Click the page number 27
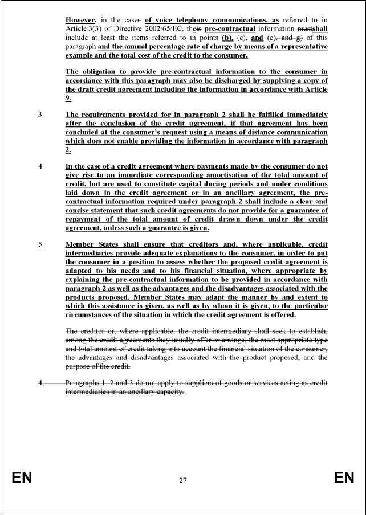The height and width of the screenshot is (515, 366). (x=182, y=480)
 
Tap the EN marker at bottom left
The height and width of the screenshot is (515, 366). (x=22, y=478)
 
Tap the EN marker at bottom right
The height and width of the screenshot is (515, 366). (x=344, y=478)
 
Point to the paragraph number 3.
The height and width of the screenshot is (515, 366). (x=41, y=115)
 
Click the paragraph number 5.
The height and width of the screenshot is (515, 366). (x=41, y=244)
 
